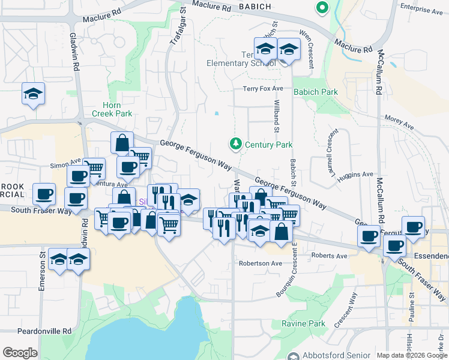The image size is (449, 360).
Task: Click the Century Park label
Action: point(268,145)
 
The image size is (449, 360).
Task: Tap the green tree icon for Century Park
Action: point(235,144)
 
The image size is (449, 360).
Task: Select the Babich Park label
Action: point(315,92)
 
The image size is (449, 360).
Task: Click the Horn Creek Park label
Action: point(112,109)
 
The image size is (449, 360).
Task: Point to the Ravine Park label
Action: point(303,323)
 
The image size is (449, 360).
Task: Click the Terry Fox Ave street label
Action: point(263,89)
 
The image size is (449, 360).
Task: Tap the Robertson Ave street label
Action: point(260,263)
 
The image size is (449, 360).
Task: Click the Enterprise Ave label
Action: point(423,10)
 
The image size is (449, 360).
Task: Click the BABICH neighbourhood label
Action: point(255,7)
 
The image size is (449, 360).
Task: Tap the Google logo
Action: point(20,353)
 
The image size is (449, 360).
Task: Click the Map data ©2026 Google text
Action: point(411,355)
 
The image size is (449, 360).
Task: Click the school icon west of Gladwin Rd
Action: point(34,94)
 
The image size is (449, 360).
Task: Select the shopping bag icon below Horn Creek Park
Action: point(122,143)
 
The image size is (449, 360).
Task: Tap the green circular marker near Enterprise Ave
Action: point(322,8)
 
